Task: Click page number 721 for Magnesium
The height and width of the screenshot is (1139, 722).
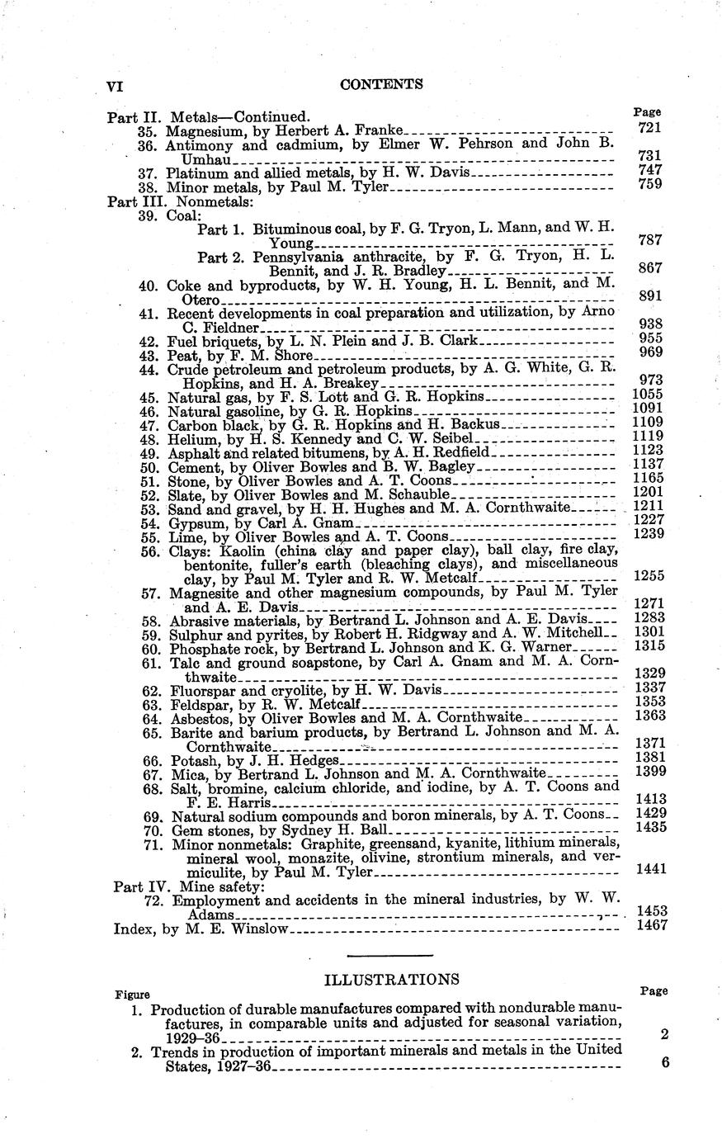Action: [649, 127]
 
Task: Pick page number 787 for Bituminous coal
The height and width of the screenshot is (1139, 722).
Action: [650, 240]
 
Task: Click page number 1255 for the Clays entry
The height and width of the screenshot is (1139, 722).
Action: [649, 575]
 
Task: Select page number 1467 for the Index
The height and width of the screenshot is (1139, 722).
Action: [652, 925]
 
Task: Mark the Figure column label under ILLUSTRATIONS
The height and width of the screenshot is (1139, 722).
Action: [132, 994]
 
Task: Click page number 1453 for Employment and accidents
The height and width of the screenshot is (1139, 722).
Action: [652, 910]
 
